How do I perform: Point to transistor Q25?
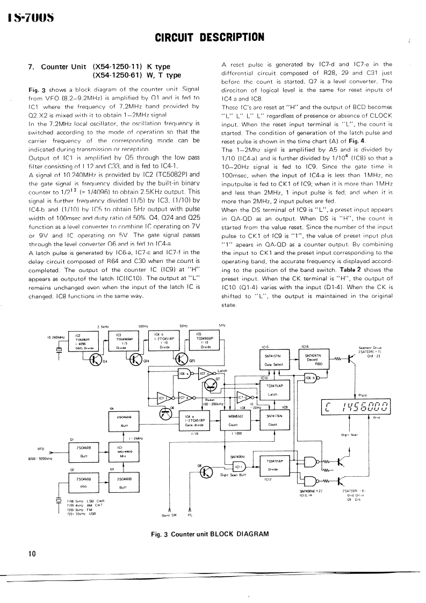click(182, 360)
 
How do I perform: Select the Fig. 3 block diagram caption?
click(210, 534)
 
